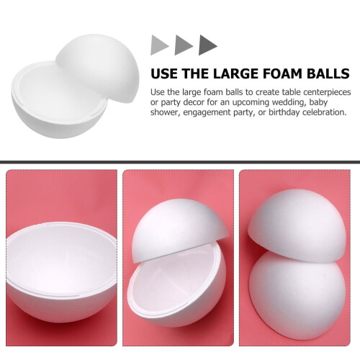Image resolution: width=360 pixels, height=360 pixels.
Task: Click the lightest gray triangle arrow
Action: click(x=158, y=45)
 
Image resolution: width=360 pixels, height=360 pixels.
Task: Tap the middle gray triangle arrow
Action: click(x=182, y=45)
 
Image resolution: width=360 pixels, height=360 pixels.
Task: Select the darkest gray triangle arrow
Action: click(x=207, y=45)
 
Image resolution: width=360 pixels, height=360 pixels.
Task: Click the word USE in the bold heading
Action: click(x=165, y=73)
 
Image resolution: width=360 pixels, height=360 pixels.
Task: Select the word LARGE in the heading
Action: click(x=235, y=73)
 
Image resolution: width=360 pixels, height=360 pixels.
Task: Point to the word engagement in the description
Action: click(x=207, y=112)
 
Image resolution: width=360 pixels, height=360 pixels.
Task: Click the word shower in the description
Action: click(x=166, y=112)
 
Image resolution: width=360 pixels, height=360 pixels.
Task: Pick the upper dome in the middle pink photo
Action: click(x=178, y=228)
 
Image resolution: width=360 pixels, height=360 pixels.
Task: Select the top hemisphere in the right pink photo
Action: click(x=297, y=225)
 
